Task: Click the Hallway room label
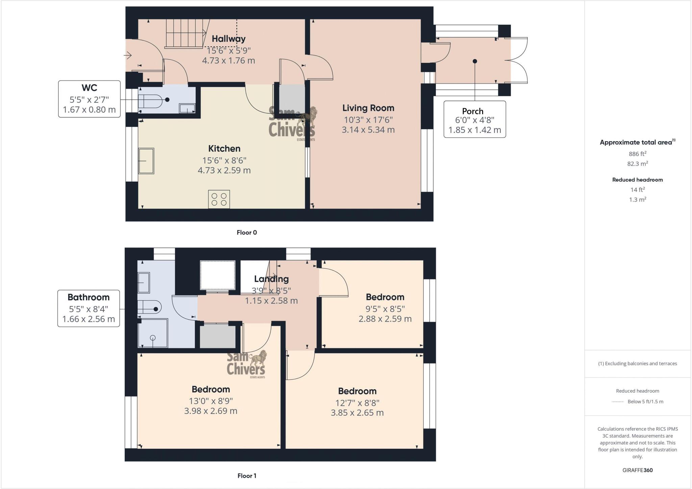[228, 39]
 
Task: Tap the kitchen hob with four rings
[219, 199]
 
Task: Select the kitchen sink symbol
[146, 161]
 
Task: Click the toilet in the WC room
[150, 100]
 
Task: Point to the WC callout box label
[89, 88]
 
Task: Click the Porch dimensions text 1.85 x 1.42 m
[474, 130]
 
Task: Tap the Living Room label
[368, 108]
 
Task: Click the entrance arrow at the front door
[128, 55]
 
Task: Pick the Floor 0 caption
[247, 233]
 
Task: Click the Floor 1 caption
[247, 476]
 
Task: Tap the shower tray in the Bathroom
[153, 333]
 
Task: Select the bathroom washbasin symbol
[144, 283]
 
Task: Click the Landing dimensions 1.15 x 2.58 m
[271, 301]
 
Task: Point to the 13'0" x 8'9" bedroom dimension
[211, 401]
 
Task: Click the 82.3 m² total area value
[637, 164]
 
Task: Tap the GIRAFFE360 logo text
[637, 470]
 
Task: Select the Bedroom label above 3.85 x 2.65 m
[357, 391]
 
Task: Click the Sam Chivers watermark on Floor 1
[246, 365]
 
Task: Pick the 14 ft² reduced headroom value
[637, 190]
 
